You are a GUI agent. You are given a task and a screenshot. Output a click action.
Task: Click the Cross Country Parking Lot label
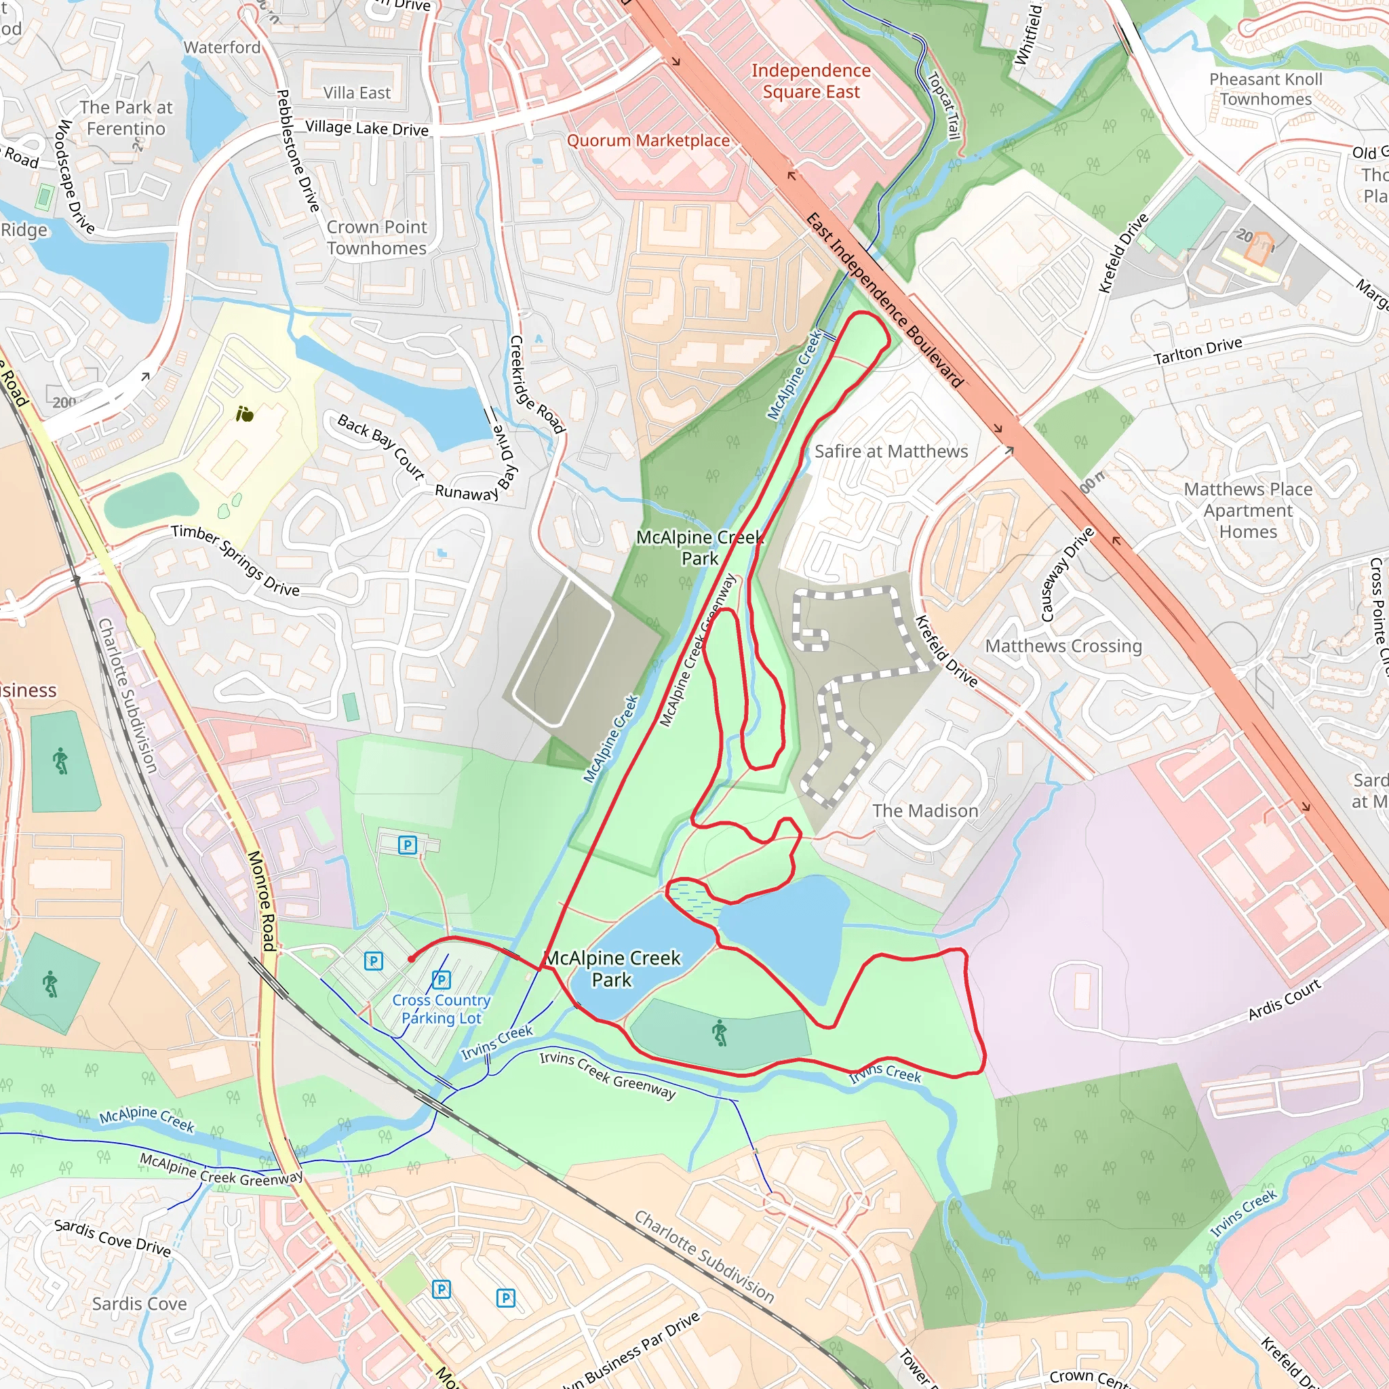442,1009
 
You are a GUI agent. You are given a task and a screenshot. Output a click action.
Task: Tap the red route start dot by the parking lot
410,958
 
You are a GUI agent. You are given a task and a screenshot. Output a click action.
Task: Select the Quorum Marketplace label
648,141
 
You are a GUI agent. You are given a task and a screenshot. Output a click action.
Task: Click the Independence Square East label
811,81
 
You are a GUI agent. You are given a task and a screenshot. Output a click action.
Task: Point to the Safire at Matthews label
891,452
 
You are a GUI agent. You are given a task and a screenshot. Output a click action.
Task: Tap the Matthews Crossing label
1063,646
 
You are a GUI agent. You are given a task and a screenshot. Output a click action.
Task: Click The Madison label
924,811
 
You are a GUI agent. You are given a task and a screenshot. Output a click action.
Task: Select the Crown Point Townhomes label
376,237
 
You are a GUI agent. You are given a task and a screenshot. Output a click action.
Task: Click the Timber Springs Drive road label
235,561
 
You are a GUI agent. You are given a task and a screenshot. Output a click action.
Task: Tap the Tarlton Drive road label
1198,351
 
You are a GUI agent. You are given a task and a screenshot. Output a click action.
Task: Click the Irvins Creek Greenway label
608,1076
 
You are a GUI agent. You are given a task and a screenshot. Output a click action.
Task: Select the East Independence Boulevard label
884,300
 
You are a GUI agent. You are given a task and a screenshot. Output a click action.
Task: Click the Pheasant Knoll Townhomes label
1266,89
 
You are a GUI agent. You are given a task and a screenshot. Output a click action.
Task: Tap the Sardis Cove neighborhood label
140,1304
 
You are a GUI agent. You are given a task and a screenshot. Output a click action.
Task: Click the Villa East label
357,93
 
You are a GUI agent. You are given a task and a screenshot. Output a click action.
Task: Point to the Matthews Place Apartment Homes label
1248,511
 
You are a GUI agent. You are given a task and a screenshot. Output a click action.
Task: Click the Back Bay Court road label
381,446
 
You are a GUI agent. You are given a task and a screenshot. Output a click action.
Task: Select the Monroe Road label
261,901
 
